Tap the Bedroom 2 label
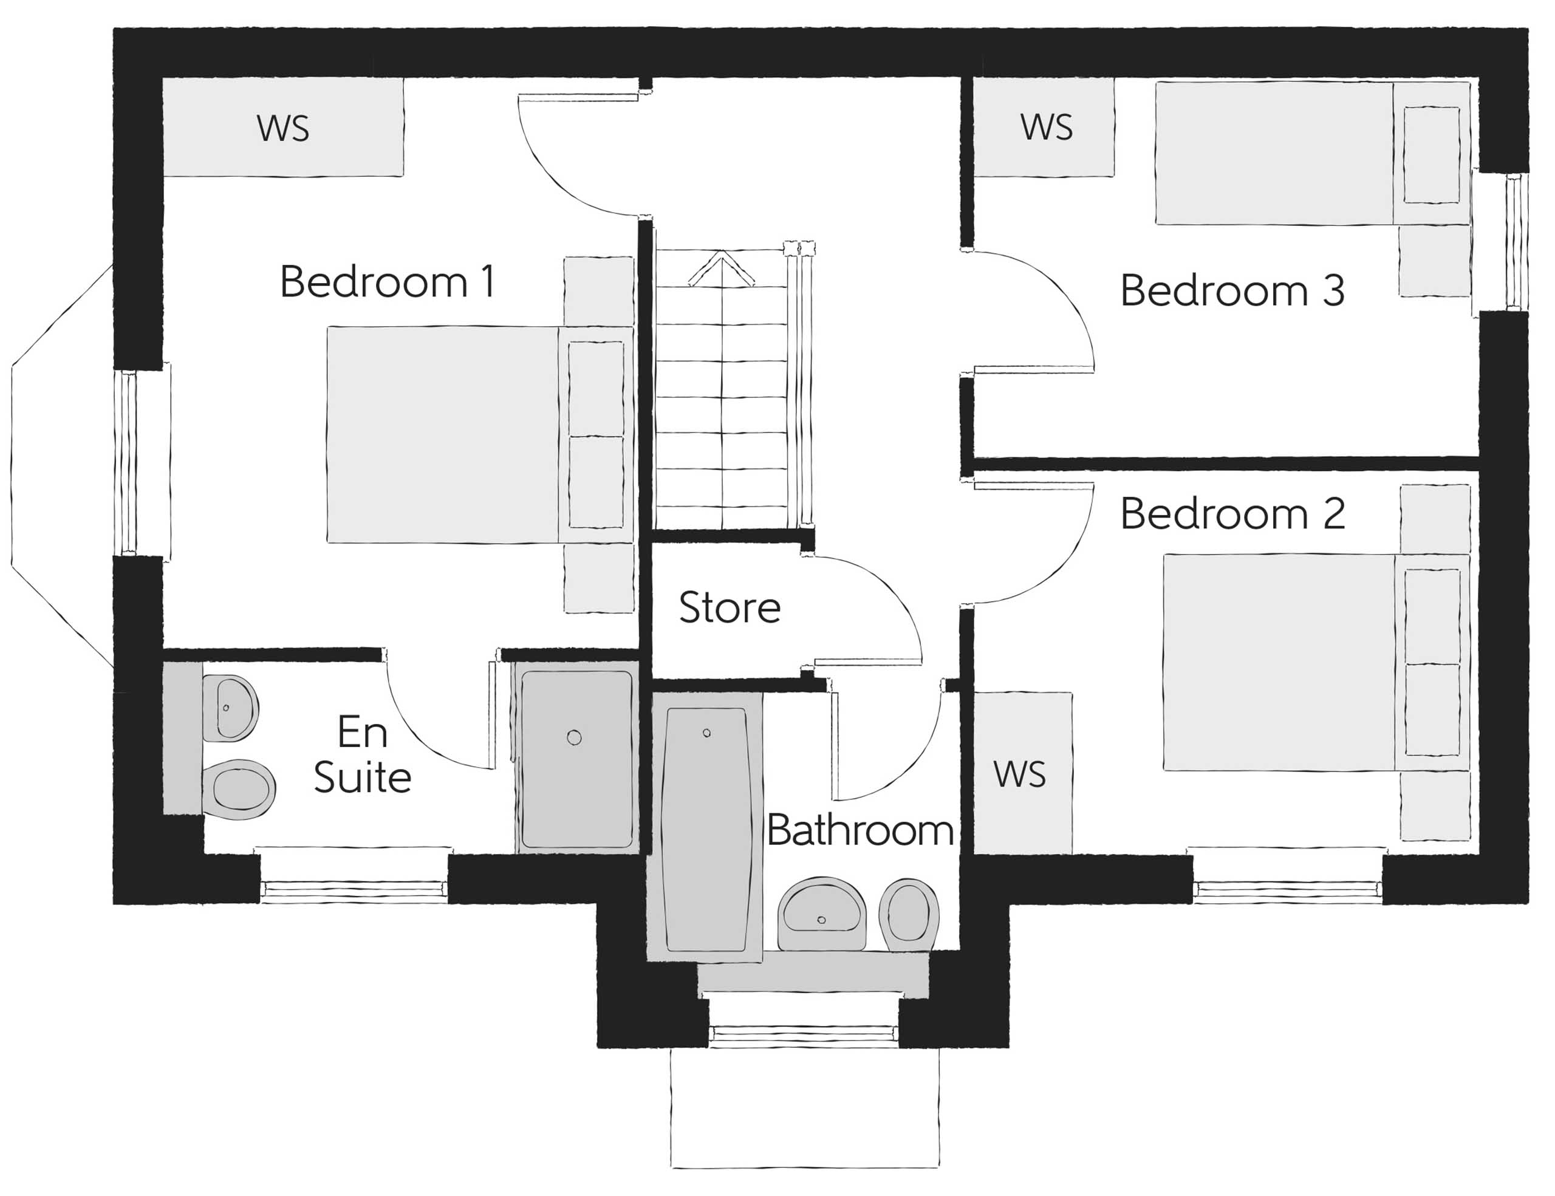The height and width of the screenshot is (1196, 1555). (1232, 514)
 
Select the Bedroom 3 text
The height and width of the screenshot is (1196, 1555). (1232, 290)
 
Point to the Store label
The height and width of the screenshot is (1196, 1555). (730, 608)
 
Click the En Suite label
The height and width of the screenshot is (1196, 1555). (363, 754)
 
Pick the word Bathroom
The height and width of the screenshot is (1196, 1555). (860, 831)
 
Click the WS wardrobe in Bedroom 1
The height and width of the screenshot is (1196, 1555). (282, 128)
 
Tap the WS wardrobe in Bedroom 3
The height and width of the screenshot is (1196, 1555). (1045, 128)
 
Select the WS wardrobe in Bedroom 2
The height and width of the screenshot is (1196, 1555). (1020, 774)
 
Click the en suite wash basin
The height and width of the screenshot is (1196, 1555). (229, 708)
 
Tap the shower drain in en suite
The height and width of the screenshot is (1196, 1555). (574, 737)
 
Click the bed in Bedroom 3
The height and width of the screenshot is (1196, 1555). (1310, 153)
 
